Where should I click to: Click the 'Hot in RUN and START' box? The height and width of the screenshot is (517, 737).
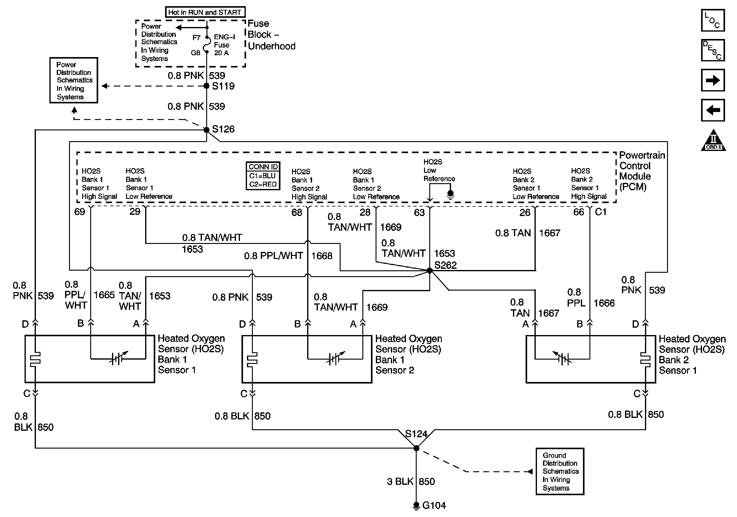[x=205, y=12]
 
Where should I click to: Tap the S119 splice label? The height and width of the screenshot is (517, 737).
[x=223, y=86]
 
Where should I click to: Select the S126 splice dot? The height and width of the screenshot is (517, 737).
[x=207, y=130]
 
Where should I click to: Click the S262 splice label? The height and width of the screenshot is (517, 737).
[x=445, y=265]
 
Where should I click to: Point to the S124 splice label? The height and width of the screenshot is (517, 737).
[x=416, y=434]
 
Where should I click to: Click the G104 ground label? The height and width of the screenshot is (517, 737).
[x=434, y=505]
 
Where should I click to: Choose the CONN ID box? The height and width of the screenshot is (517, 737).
[x=263, y=176]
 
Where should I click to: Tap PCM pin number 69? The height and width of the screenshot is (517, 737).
[x=79, y=212]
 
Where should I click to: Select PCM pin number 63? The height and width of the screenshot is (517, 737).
[x=419, y=212]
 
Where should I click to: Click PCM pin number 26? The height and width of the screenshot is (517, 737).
[x=525, y=212]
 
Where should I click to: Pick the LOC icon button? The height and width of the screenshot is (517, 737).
[x=712, y=21]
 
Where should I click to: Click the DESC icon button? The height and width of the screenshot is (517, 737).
[x=712, y=50]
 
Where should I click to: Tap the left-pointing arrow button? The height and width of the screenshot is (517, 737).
[x=712, y=110]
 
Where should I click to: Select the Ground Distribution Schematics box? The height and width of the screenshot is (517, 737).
[x=560, y=471]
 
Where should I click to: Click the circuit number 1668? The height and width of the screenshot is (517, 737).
[x=322, y=256]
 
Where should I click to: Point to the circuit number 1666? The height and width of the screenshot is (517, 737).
[x=604, y=303]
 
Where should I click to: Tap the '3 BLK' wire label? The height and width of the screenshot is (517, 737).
[x=400, y=481]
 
